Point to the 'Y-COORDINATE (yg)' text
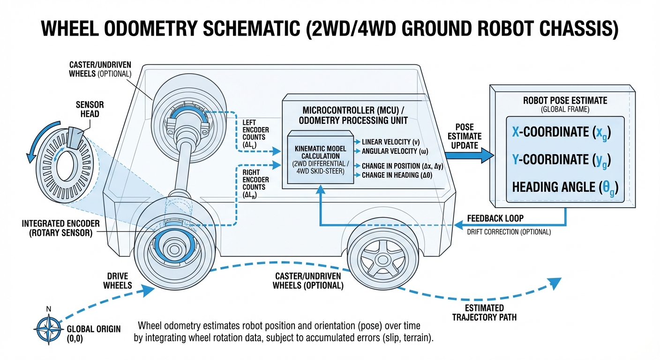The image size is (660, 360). click(561, 160)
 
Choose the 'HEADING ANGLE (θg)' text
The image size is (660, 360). click(564, 187)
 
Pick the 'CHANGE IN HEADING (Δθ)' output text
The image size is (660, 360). click(397, 174)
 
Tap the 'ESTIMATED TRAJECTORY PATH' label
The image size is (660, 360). click(484, 313)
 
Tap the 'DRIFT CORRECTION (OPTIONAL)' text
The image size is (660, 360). click(509, 232)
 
